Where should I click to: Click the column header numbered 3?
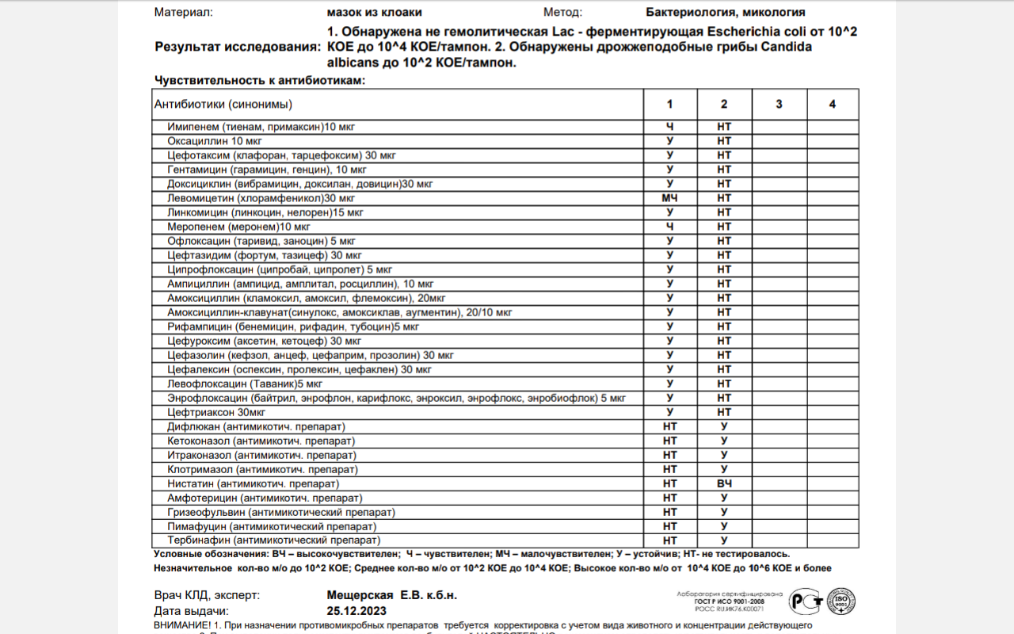pos(779,104)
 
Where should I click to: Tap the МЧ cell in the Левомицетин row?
pos(669,198)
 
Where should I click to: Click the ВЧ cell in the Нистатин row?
pos(724,483)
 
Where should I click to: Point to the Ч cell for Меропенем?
pos(669,227)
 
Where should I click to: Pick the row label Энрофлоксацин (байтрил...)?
pos(396,398)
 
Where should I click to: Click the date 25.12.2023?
pos(356,611)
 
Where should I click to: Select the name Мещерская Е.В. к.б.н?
pos(391,595)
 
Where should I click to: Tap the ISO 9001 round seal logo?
pos(841,602)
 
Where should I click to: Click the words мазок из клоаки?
pos(374,12)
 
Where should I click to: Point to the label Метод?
pos(562,12)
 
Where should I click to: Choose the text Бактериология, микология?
pos(726,12)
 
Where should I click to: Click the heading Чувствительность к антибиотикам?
pos(260,81)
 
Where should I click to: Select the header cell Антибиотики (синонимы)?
pos(223,104)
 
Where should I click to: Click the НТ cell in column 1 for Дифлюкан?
pos(669,426)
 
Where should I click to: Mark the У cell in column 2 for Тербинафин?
pos(724,540)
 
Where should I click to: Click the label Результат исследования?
pos(238,47)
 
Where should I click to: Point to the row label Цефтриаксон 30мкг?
pos(216,412)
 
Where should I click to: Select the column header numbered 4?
pos(832,104)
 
